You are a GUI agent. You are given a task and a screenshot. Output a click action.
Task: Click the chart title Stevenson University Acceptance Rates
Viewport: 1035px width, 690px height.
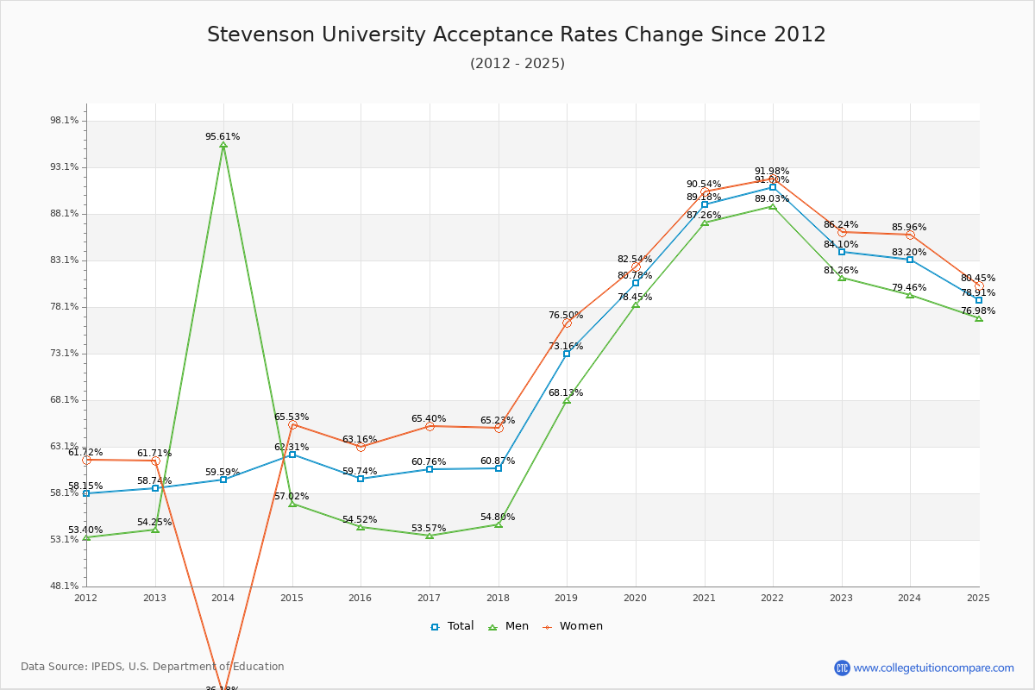coord(516,34)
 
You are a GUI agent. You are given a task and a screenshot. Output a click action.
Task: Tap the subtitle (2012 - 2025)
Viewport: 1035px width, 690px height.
coord(517,64)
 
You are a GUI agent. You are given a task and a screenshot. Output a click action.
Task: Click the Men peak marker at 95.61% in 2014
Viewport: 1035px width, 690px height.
coord(223,146)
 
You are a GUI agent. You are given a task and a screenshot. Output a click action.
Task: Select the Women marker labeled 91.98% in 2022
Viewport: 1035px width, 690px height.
coord(773,179)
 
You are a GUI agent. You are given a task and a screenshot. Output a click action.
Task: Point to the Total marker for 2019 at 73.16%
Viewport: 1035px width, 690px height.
coord(567,354)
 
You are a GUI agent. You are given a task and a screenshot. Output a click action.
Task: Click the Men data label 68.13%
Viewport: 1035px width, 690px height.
coord(566,393)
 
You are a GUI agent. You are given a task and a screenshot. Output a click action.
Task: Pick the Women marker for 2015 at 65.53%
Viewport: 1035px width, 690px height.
coord(292,425)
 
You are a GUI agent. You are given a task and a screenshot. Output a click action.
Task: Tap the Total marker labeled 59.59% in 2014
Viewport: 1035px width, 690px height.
coord(223,480)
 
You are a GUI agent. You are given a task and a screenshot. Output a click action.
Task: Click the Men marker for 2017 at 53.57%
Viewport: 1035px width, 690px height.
coord(430,536)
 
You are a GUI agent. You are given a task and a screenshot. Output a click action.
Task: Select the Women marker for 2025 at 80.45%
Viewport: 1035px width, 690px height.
coord(978,285)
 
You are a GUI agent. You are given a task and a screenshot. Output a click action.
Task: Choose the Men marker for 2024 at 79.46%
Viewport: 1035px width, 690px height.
coord(910,295)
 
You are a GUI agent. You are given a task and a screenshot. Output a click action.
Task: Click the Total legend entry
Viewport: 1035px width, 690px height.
coord(453,626)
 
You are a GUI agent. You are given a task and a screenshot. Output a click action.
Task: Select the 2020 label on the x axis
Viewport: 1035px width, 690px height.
coord(635,598)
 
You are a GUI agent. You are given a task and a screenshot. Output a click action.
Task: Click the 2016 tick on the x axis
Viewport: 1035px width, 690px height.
coord(361,598)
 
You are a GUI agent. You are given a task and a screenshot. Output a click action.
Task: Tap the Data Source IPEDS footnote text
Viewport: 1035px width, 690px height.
coord(153,667)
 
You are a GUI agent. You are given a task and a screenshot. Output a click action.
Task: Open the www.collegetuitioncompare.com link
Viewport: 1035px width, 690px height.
coord(933,668)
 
